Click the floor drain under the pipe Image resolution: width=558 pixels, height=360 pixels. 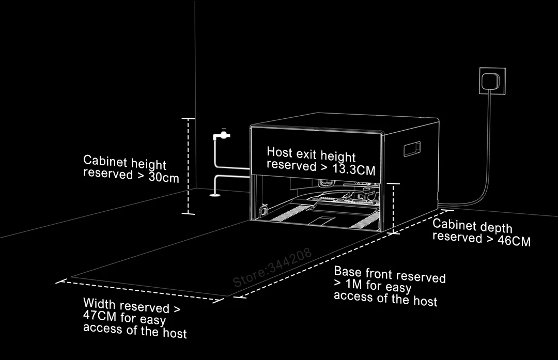pos(214,195)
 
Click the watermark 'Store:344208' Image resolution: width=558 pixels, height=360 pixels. pos(272,268)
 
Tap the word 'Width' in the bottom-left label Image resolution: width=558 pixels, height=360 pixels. pos(100,303)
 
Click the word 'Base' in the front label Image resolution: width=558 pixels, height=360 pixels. pos(347,272)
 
